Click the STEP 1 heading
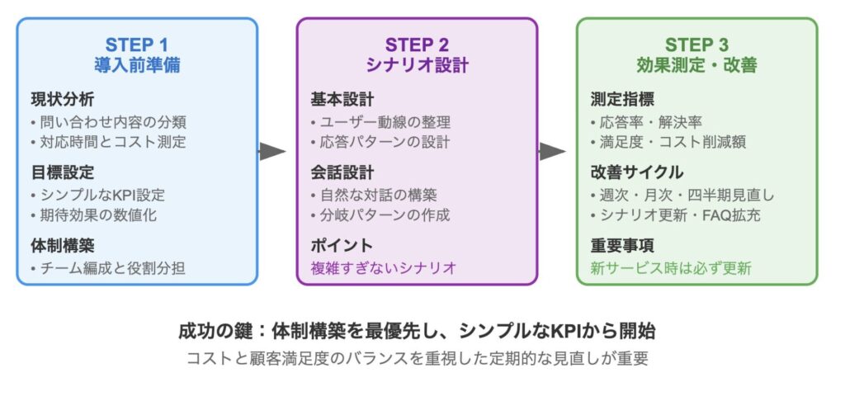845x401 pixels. tap(137, 45)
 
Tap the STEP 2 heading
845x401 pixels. tap(417, 45)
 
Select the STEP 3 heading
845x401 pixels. tap(696, 45)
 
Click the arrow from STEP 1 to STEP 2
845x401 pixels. tap(272, 152)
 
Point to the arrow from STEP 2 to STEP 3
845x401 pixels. tap(552, 152)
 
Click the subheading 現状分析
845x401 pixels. tap(63, 99)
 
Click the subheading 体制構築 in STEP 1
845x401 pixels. tap(63, 245)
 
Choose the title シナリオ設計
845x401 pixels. tap(417, 65)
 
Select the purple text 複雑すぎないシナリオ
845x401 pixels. tap(384, 268)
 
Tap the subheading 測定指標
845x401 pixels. tap(622, 99)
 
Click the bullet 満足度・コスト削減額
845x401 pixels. tap(673, 142)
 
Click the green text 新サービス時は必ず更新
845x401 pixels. tap(671, 268)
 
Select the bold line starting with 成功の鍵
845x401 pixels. tap(417, 331)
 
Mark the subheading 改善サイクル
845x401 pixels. tap(637, 172)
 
